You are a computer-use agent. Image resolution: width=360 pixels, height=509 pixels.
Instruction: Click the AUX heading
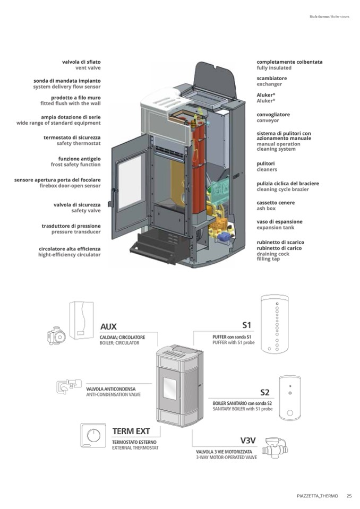(108, 326)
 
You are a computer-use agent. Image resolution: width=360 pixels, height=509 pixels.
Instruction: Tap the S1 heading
(246, 325)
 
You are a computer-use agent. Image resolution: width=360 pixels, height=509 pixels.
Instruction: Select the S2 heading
(265, 392)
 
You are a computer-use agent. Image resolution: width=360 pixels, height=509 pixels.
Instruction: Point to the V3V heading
(248, 441)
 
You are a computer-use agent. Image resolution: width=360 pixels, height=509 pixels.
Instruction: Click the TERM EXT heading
(131, 430)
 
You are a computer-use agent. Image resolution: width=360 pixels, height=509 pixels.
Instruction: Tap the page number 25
(349, 496)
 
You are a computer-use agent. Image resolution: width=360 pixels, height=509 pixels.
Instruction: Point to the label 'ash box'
(268, 208)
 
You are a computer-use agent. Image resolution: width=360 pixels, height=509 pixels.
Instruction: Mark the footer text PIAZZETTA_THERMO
(317, 496)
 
